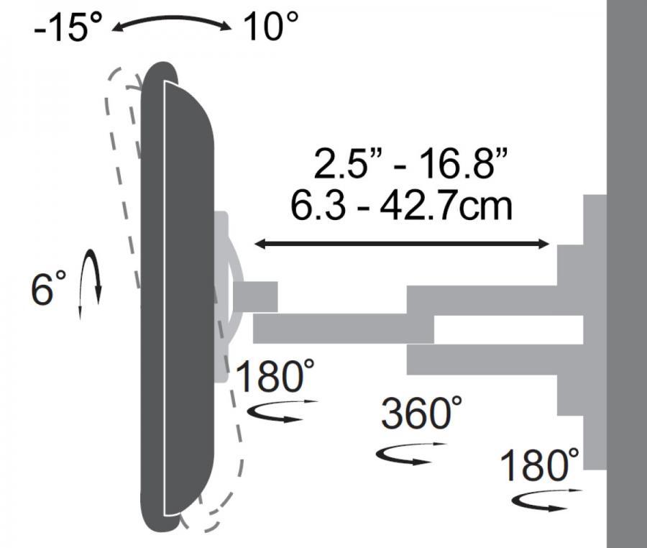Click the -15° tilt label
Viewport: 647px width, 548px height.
[x=68, y=27]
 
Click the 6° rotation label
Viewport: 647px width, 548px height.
[x=48, y=288]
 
